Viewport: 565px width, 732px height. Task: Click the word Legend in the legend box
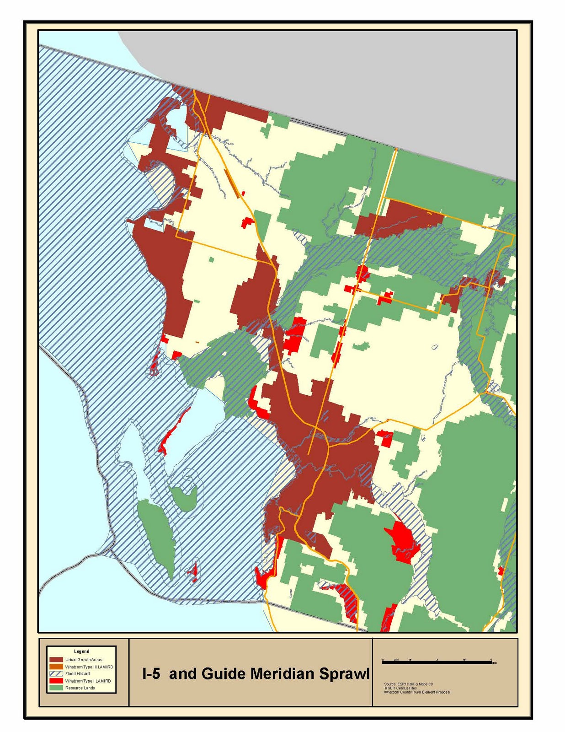(x=82, y=651)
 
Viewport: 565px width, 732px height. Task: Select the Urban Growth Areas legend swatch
(x=56, y=660)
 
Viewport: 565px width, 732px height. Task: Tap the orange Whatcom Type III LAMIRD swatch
(x=56, y=667)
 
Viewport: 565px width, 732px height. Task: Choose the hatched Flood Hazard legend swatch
(x=56, y=674)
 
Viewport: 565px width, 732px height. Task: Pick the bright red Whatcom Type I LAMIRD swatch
(x=56, y=681)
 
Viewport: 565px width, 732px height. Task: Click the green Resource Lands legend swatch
(x=56, y=688)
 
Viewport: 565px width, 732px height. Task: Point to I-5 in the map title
(x=151, y=673)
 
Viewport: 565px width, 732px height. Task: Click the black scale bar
(x=437, y=662)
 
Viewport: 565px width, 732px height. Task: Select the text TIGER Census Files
(x=400, y=688)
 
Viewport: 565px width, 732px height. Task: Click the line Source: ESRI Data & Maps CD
(x=409, y=684)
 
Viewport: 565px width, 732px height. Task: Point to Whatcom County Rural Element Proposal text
(x=417, y=692)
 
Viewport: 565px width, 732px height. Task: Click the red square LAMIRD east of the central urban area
(x=385, y=438)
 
